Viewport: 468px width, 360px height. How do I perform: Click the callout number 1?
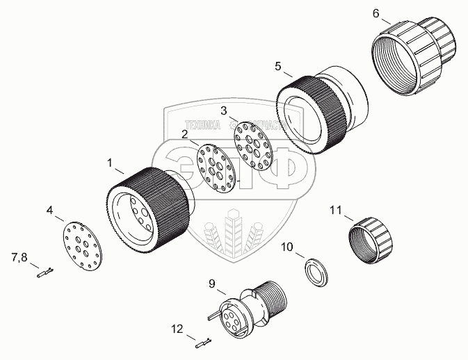109,163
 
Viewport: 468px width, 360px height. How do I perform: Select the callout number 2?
185,135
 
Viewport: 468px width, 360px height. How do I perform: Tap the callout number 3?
224,111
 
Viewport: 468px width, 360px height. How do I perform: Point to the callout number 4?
50,209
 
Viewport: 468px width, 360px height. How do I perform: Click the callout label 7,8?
19,259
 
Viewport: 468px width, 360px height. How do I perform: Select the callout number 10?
287,247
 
